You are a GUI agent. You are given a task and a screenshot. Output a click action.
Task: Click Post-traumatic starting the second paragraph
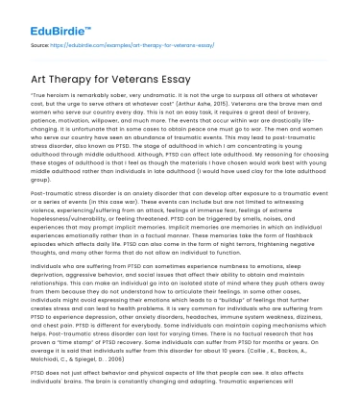click(55, 193)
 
